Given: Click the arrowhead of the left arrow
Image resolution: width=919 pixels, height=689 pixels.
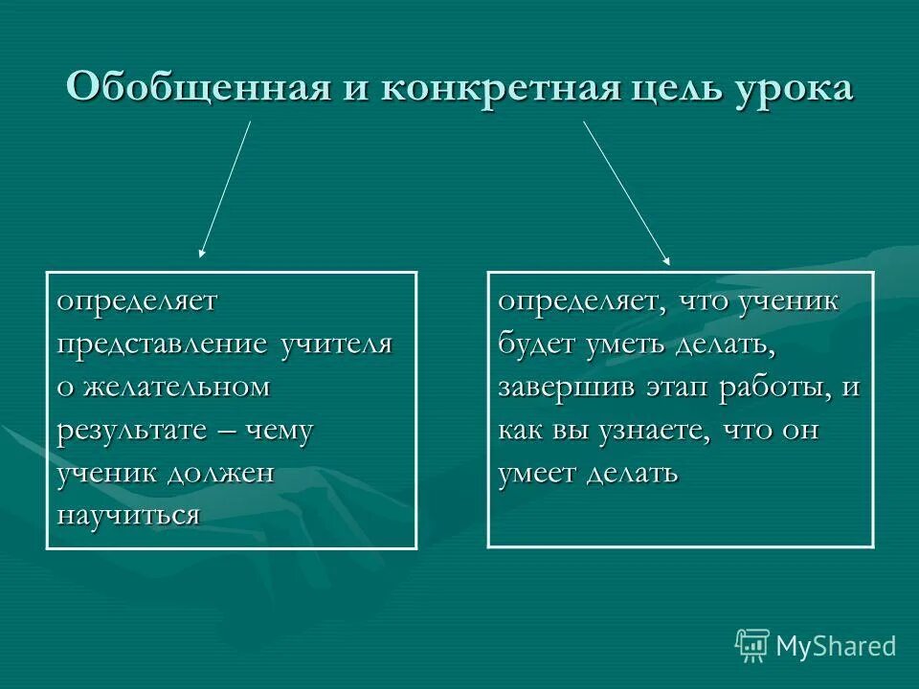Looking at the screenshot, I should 201,254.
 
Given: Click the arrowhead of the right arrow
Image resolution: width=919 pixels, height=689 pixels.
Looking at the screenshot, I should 667,260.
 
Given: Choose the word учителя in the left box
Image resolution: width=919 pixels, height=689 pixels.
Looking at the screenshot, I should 337,344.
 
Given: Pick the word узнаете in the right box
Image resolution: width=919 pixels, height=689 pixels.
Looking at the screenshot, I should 644,430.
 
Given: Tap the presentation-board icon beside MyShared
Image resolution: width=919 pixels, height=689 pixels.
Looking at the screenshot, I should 752,646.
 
